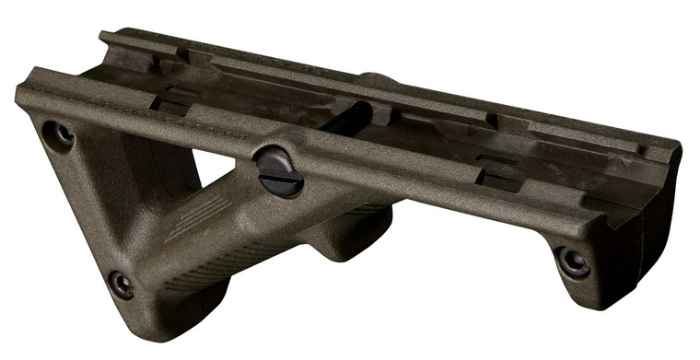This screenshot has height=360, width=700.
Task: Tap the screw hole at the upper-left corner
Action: coord(60,135)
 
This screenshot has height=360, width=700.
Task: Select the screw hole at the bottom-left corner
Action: coord(120,284)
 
